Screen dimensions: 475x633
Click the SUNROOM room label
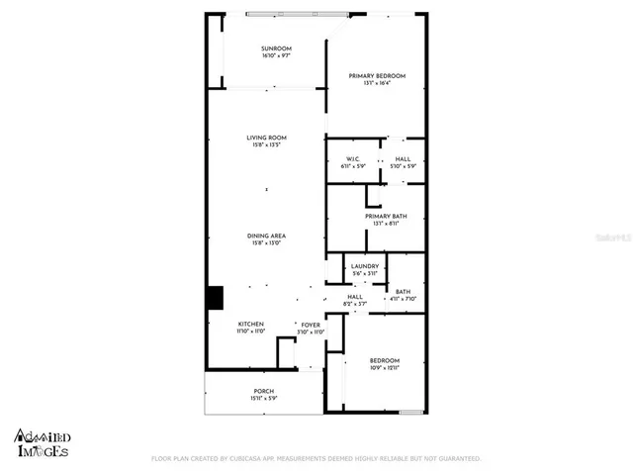click(x=276, y=48)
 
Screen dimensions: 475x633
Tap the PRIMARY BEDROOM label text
click(x=376, y=76)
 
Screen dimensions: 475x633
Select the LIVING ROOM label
click(x=266, y=138)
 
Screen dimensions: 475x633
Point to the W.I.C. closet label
click(x=351, y=158)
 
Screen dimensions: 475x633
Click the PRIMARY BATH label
click(x=380, y=216)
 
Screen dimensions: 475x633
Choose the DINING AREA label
click(x=266, y=236)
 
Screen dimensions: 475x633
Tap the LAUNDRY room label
click(x=363, y=266)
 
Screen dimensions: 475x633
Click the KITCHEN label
click(x=250, y=324)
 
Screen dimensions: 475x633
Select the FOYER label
click(x=311, y=324)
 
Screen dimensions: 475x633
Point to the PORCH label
click(x=263, y=391)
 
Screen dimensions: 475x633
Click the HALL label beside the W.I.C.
click(x=403, y=158)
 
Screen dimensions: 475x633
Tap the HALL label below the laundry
click(x=354, y=296)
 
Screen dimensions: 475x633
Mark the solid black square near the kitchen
click(x=215, y=299)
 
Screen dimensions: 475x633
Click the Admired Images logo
click(x=42, y=442)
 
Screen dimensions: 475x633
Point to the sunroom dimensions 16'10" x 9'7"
click(x=276, y=55)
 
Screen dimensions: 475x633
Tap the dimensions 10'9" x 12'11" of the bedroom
click(x=384, y=367)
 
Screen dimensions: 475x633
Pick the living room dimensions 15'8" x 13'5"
click(x=266, y=145)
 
